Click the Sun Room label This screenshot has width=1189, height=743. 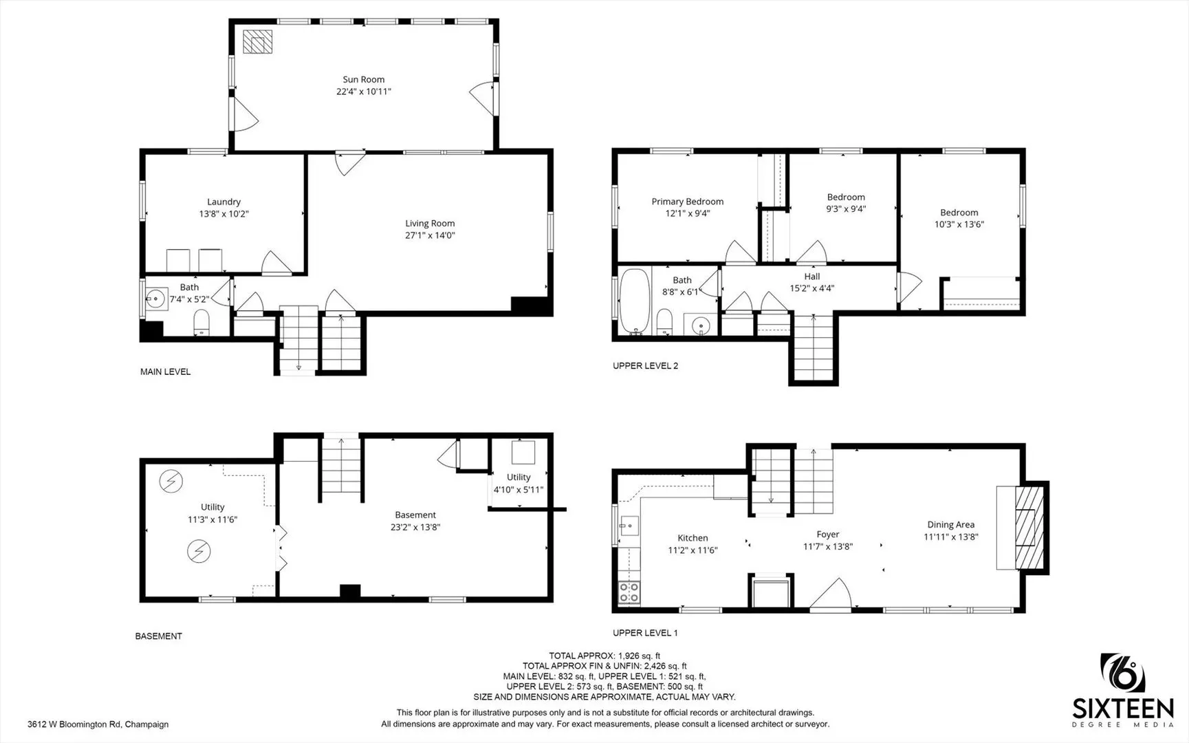(364, 80)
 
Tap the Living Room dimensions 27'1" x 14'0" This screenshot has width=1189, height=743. (430, 235)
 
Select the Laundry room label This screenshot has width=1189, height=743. (223, 202)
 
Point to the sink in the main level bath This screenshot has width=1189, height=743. (156, 299)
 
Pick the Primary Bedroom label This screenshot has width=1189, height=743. (687, 202)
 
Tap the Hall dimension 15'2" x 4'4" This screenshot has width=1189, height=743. (812, 288)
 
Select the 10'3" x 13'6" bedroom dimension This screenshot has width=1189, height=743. (959, 224)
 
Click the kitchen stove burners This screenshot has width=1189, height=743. (629, 592)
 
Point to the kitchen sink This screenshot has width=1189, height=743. (627, 528)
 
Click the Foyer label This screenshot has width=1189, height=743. (828, 535)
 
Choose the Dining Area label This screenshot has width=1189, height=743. (950, 525)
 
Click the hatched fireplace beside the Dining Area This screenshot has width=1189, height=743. (1029, 528)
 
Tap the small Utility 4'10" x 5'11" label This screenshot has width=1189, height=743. (519, 477)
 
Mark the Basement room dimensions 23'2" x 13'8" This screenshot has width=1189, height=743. (415, 527)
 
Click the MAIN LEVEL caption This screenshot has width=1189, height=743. (165, 372)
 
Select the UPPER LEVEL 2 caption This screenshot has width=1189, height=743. (645, 366)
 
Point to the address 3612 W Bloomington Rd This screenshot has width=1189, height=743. (98, 724)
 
